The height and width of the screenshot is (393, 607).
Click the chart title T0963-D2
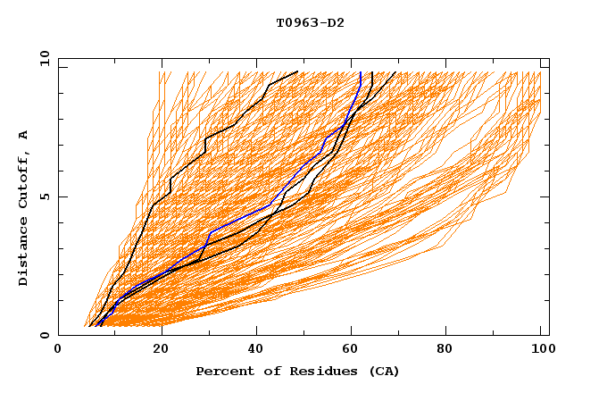click(x=310, y=22)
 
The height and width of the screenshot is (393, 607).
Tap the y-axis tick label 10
click(x=44, y=58)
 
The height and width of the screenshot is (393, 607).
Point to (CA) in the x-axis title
click(x=382, y=371)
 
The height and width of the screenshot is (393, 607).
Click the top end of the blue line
click(x=360, y=72)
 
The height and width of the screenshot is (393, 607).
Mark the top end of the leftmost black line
click(x=298, y=71)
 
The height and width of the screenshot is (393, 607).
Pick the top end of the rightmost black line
click(x=395, y=72)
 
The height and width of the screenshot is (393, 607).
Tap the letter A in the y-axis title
click(x=23, y=135)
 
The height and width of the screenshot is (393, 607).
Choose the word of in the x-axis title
click(x=265, y=371)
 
